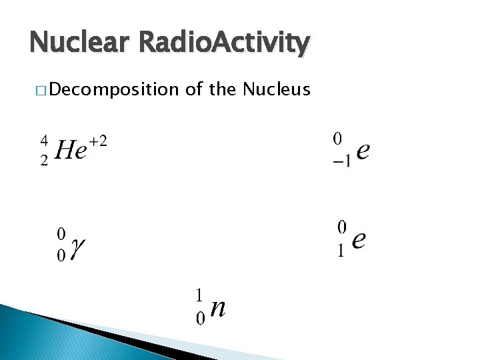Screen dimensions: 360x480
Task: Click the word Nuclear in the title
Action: click(79, 43)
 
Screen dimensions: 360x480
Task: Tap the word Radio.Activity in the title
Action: click(223, 43)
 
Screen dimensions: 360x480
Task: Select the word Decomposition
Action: click(113, 89)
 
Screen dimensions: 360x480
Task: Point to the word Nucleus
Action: click(277, 89)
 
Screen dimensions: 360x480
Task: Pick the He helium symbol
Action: click(71, 150)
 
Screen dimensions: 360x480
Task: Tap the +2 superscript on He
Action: click(97, 141)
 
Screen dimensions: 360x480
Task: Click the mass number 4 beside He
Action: click(44, 140)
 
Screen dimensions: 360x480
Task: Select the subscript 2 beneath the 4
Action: click(44, 161)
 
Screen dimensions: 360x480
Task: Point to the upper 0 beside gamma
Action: click(61, 234)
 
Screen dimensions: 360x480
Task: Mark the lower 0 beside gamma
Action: click(61, 257)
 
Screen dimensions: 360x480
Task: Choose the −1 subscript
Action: click(341, 162)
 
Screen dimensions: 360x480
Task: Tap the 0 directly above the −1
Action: click(338, 139)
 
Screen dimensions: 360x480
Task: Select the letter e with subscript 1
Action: click(359, 239)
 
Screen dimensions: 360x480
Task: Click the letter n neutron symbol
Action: click(217, 307)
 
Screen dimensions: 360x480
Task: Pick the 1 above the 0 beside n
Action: click(199, 294)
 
